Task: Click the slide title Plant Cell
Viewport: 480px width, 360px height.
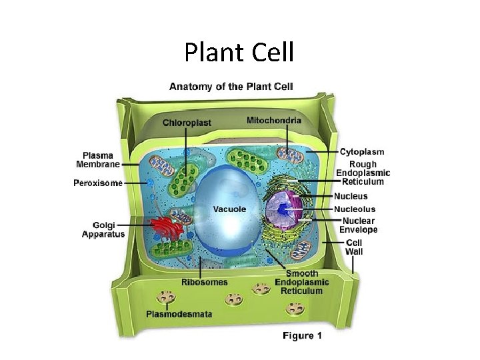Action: click(239, 52)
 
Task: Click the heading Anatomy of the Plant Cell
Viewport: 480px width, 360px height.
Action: click(231, 86)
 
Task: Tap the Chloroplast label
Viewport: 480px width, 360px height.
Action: click(187, 123)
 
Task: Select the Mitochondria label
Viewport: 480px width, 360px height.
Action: click(273, 121)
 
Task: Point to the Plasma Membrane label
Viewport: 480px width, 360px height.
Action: click(97, 160)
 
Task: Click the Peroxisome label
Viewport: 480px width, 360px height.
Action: click(97, 183)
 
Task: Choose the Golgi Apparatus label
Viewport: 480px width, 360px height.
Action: click(103, 230)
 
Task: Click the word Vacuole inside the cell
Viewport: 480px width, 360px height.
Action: click(229, 209)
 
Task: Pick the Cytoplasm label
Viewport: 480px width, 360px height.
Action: click(362, 152)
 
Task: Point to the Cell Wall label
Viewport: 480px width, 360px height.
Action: click(354, 247)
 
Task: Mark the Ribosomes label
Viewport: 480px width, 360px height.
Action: click(204, 282)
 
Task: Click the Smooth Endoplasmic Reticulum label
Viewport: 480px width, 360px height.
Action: click(302, 282)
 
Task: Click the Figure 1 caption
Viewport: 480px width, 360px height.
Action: click(302, 335)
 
